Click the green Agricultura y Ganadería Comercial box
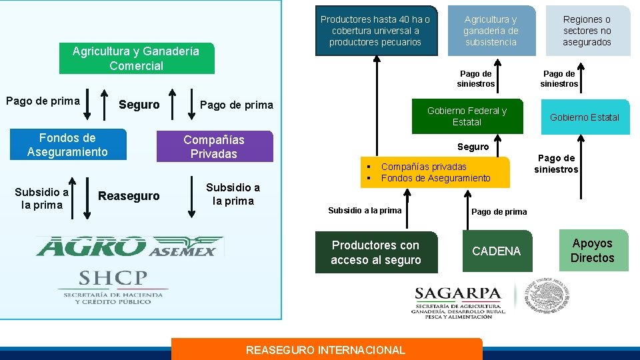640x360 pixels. pyautogui.click(x=136, y=59)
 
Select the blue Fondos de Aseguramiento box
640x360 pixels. pyautogui.click(x=67, y=145)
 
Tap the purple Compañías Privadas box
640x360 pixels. pyautogui.click(x=214, y=147)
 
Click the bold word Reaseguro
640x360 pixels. pyautogui.click(x=129, y=195)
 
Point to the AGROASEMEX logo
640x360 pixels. pyautogui.click(x=129, y=246)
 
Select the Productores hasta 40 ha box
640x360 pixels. pyautogui.click(x=375, y=31)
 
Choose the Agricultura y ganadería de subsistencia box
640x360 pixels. pyautogui.click(x=491, y=31)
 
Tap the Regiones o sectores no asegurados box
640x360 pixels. pyautogui.click(x=587, y=31)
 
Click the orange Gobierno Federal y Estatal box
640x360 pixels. pyautogui.click(x=467, y=117)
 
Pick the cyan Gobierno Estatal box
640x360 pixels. pyautogui.click(x=584, y=117)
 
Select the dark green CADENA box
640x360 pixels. pyautogui.click(x=497, y=251)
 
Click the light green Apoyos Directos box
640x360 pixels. pyautogui.click(x=592, y=251)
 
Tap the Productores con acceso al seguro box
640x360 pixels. pyautogui.click(x=376, y=253)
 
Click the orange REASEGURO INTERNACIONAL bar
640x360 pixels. pyautogui.click(x=326, y=349)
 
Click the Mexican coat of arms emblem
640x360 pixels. pyautogui.click(x=545, y=295)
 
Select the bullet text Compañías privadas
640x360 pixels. pyautogui.click(x=424, y=167)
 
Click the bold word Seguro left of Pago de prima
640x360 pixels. pyautogui.click(x=139, y=105)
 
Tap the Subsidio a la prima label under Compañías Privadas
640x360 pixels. pyautogui.click(x=233, y=194)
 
